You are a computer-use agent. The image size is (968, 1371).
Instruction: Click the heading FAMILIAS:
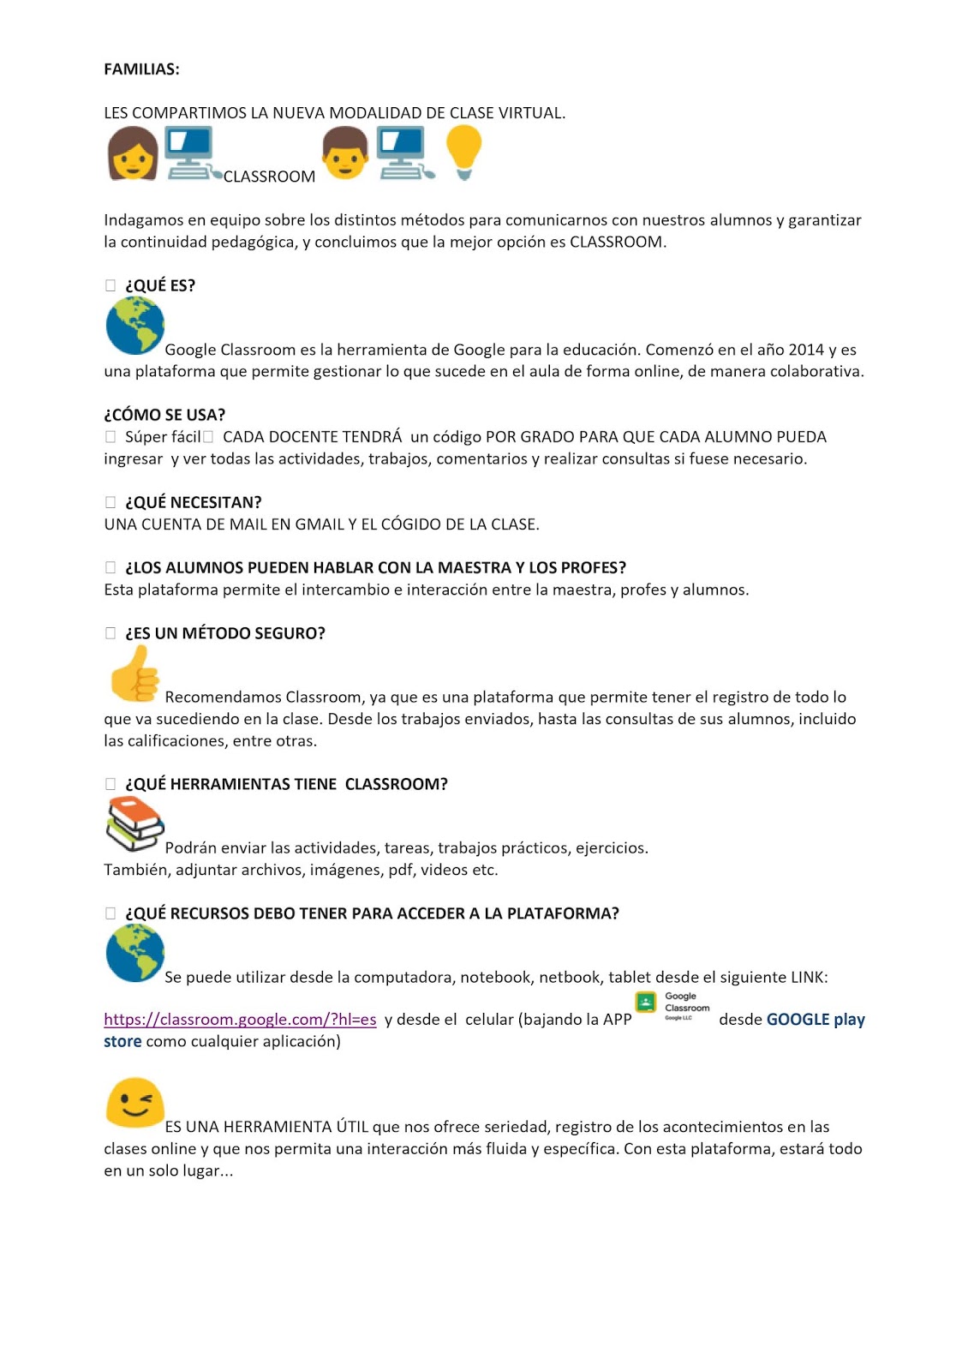click(141, 69)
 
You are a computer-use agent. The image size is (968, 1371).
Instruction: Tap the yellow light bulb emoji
click(463, 152)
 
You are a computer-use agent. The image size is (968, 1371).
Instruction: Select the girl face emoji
click(133, 153)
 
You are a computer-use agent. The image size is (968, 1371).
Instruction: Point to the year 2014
click(806, 350)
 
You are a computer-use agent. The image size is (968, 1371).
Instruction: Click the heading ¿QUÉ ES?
click(160, 285)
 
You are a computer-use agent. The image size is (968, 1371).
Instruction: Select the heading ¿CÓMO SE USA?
click(164, 415)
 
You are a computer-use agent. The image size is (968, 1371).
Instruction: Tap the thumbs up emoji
click(134, 674)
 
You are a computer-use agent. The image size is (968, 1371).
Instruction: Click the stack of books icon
click(134, 823)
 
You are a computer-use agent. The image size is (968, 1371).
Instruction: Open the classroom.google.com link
click(240, 1020)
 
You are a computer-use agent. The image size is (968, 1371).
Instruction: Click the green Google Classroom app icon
click(646, 1002)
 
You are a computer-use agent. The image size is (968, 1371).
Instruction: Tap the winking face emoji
click(134, 1102)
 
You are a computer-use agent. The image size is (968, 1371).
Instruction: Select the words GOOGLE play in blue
click(816, 1020)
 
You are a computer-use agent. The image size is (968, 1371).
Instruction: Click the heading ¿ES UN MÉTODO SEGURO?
click(225, 633)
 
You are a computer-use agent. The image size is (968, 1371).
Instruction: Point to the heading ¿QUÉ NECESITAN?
click(194, 502)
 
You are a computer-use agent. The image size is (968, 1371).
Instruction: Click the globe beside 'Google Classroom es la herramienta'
click(134, 326)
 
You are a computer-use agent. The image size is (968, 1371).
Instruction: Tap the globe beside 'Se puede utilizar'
click(134, 954)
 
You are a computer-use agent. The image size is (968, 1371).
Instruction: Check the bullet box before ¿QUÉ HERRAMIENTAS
click(111, 784)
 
